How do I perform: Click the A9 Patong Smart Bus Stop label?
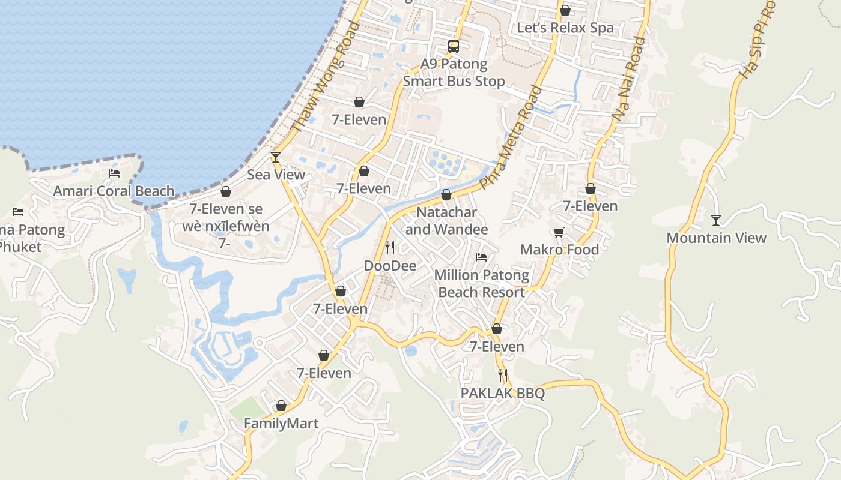pos(454,73)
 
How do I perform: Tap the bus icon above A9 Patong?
pos(454,46)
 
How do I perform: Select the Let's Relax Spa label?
pos(565,28)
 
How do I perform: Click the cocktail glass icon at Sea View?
pos(276,157)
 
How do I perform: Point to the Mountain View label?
pos(716,238)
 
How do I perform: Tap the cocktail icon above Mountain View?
pos(715,220)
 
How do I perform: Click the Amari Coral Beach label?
pos(114,191)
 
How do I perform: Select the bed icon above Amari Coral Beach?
pos(114,173)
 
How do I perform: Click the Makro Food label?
pos(559,250)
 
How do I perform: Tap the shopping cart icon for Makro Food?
pos(559,232)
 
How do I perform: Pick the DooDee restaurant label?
pos(390,265)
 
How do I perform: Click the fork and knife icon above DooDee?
pos(390,247)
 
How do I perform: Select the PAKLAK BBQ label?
pos(502,394)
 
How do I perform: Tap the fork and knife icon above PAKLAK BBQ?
pos(503,376)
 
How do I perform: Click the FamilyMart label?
pos(281,424)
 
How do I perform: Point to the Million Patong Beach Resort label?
pos(482,284)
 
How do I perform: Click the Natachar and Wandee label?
pos(446,221)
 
